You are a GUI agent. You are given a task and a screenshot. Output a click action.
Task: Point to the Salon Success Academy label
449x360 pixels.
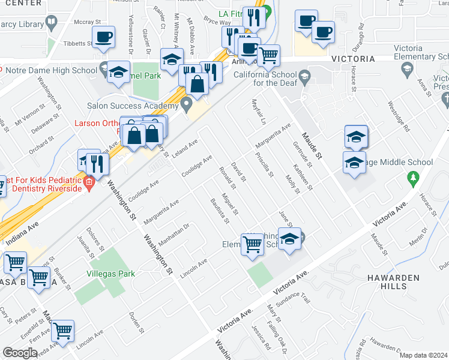tap(133, 106)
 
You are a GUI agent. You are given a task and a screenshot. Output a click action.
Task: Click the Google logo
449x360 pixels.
tap(20, 353)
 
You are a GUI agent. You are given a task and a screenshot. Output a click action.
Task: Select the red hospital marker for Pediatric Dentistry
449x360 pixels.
tap(89, 182)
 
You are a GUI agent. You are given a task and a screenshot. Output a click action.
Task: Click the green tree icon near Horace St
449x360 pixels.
tap(412, 178)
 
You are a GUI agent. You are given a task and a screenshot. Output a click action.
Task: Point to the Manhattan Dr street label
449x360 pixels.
tap(174, 232)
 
